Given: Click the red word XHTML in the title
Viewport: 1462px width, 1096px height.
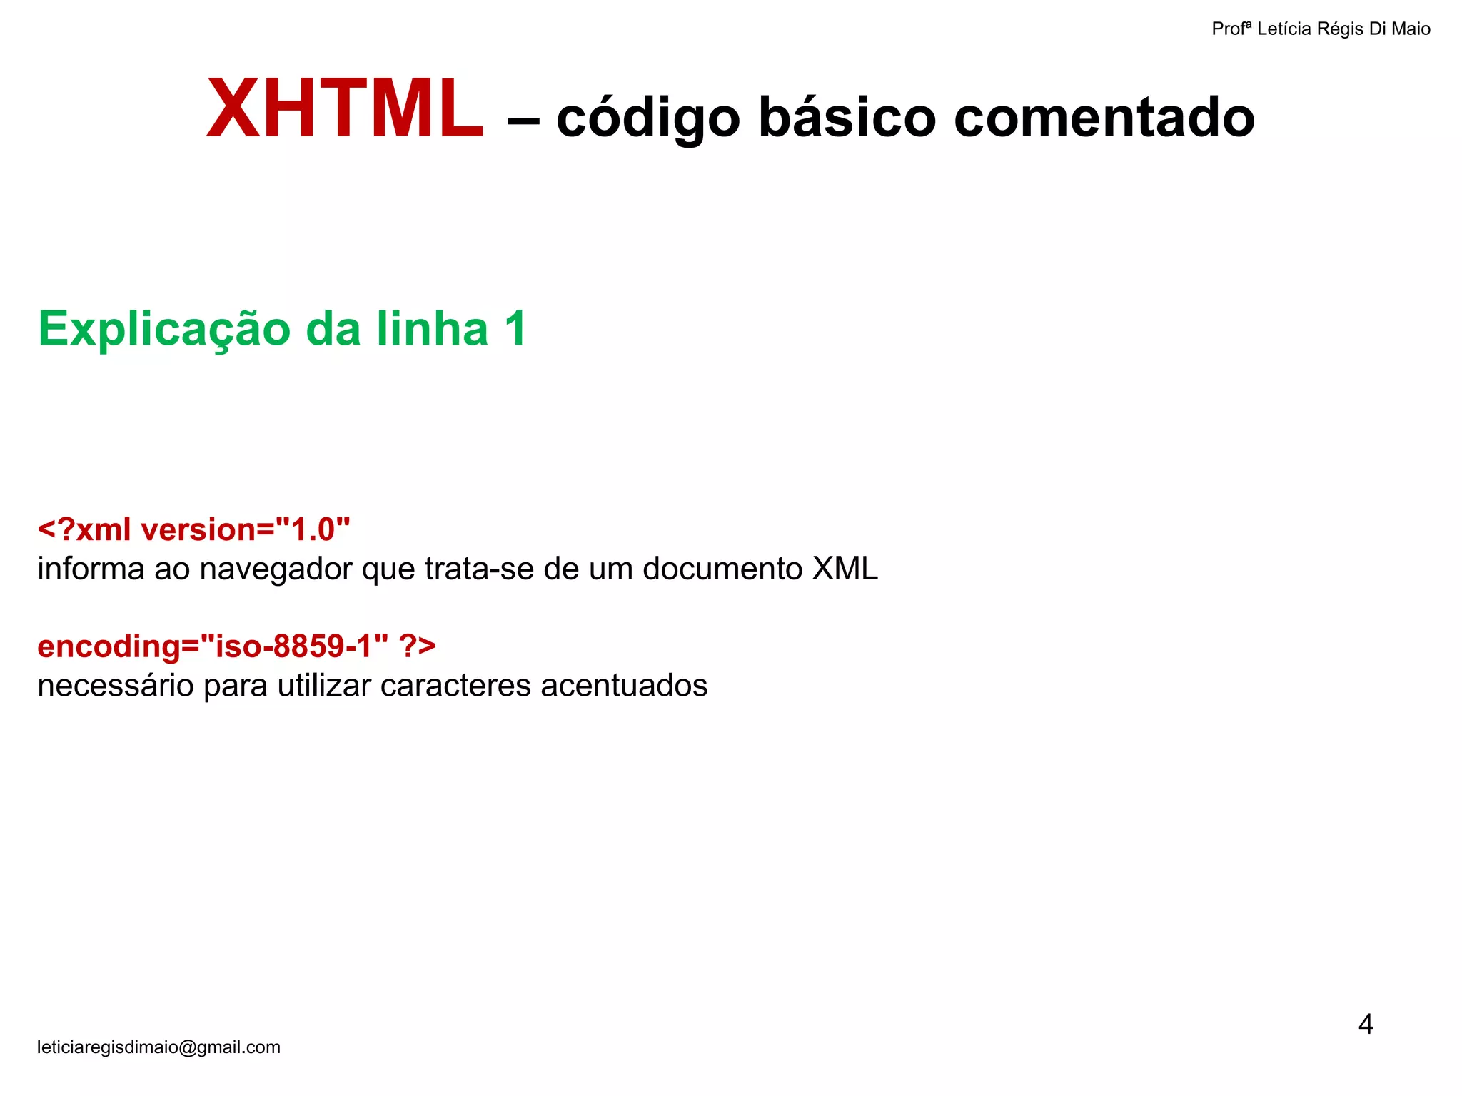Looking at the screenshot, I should [x=346, y=109].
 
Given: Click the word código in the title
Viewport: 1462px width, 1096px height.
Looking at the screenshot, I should [x=648, y=118].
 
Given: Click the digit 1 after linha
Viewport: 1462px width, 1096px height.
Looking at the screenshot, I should [x=514, y=328].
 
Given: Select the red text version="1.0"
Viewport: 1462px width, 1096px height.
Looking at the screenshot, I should [x=246, y=530].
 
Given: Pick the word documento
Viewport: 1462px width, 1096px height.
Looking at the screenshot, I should [x=722, y=569].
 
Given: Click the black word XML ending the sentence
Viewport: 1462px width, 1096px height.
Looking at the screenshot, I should [x=845, y=569].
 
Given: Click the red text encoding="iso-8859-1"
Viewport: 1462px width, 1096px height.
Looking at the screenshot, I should [x=213, y=646].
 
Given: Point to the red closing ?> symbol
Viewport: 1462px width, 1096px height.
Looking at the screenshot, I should [x=418, y=646].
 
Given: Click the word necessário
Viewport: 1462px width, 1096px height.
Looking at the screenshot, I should [x=115, y=686].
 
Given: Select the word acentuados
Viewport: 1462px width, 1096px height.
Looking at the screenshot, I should [x=624, y=686].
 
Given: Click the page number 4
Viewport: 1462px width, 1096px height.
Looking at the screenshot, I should [x=1365, y=1025].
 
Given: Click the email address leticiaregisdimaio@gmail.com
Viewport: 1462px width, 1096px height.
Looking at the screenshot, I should [x=158, y=1047].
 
